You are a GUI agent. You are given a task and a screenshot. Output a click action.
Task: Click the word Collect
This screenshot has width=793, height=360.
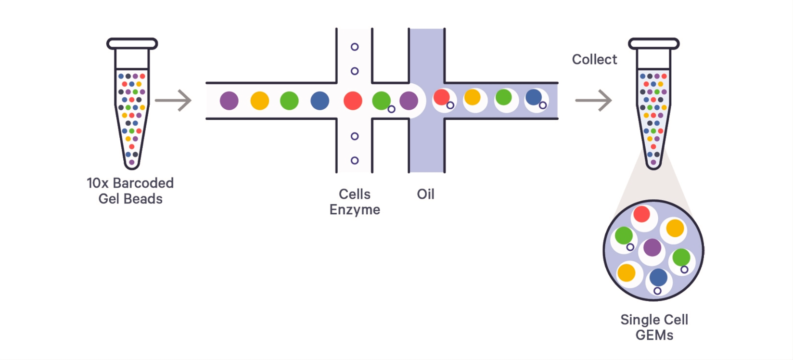[x=594, y=59]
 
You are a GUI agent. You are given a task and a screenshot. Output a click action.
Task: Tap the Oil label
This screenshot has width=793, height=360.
[x=425, y=194]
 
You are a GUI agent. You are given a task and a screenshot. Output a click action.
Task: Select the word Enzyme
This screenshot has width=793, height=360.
[x=355, y=210]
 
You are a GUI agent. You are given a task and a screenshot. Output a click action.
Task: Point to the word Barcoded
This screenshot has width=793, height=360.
[x=143, y=183]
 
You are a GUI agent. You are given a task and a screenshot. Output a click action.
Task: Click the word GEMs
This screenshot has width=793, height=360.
[x=654, y=335]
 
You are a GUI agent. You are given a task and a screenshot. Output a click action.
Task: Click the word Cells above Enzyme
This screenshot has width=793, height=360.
[x=355, y=194]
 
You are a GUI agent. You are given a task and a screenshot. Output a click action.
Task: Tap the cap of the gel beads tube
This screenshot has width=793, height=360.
[x=132, y=44]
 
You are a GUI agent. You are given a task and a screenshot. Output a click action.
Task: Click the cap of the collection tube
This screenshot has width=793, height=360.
[x=653, y=44]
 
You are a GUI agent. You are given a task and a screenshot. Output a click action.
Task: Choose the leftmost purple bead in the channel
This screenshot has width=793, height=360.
[x=229, y=101]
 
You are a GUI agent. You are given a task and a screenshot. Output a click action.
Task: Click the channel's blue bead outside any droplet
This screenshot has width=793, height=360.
[x=320, y=101]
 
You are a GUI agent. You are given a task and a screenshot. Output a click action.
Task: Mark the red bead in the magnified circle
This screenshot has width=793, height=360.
[x=641, y=214]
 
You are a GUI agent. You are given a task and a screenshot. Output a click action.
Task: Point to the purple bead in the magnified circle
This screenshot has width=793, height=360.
[x=652, y=247]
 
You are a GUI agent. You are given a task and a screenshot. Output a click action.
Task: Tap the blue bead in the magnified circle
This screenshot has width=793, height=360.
[x=658, y=277]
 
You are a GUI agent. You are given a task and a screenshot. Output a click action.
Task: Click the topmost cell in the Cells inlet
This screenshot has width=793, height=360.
[x=355, y=47]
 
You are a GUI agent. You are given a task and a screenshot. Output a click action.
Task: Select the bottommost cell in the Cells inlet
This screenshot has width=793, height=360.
[x=355, y=160]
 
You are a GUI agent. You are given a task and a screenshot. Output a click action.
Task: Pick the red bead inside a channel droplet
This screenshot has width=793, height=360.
[x=441, y=97]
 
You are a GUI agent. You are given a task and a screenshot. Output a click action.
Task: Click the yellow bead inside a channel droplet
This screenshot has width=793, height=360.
[x=472, y=97]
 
